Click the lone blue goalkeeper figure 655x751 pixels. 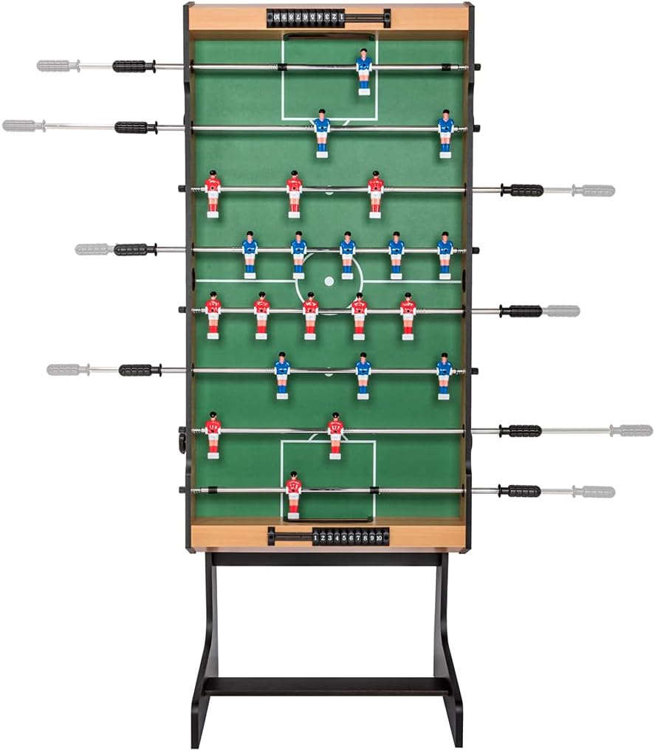(x=363, y=71)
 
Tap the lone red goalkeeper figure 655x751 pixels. (x=293, y=494)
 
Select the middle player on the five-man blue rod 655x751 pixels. (x=347, y=254)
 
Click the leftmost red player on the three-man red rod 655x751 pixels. (x=213, y=193)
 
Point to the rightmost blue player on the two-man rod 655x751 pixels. (x=445, y=133)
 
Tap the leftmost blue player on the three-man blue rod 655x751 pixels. (x=282, y=374)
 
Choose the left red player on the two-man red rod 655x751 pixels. (x=213, y=434)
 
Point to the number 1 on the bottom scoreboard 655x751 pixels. (x=316, y=538)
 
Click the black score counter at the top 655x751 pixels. (x=327, y=17)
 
